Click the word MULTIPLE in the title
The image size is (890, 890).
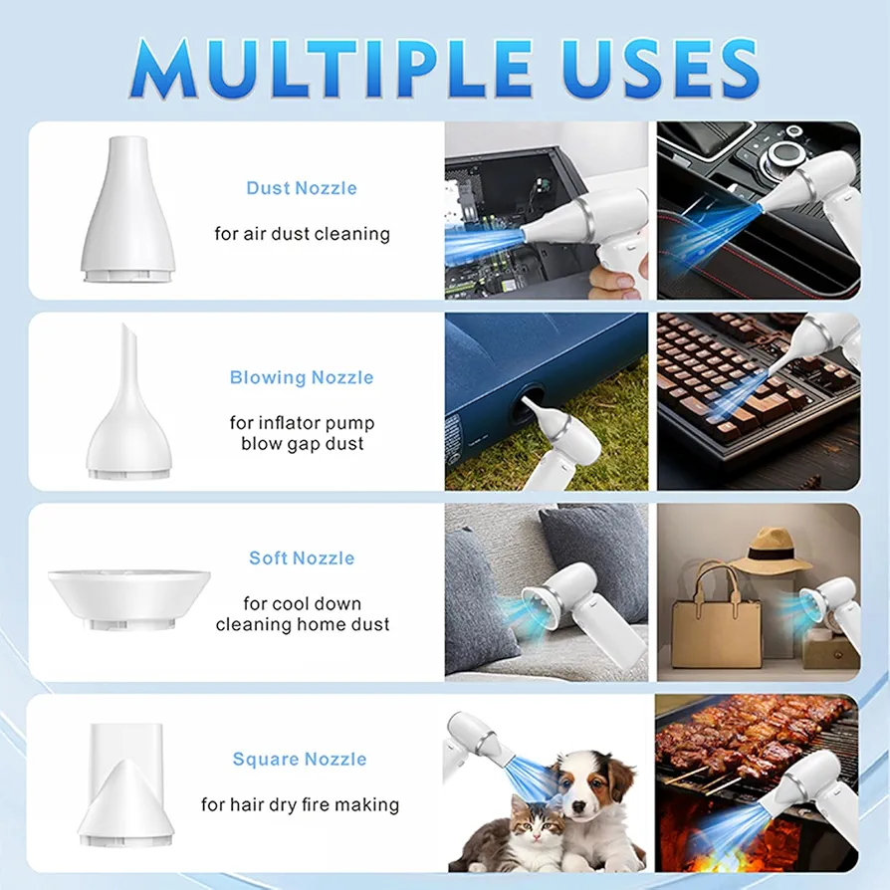[x=332, y=68]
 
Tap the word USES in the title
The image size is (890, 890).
[x=659, y=68]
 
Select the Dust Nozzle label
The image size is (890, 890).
[x=302, y=188]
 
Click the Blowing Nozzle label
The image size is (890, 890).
[x=302, y=377]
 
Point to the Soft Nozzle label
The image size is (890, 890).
[x=302, y=557]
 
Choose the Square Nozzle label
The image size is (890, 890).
[x=300, y=759]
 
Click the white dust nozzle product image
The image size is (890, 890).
[x=128, y=209]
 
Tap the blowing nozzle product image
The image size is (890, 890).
[x=128, y=401]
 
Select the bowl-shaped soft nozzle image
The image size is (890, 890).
[x=129, y=599]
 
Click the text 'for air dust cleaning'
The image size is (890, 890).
[x=302, y=234]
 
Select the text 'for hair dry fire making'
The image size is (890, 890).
[x=300, y=804]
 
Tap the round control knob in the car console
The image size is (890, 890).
[x=785, y=152]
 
